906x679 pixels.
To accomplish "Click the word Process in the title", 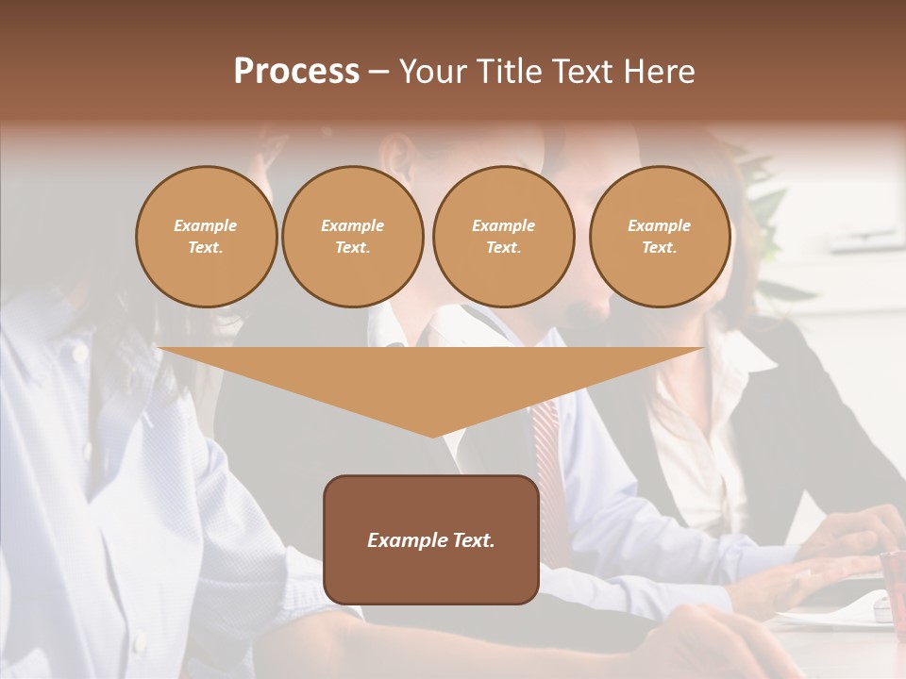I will pyautogui.click(x=296, y=72).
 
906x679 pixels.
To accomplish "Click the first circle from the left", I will pyautogui.click(x=207, y=237).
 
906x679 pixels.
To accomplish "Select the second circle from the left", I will pyautogui.click(x=353, y=237).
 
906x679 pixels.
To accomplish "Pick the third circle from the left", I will pyautogui.click(x=504, y=237).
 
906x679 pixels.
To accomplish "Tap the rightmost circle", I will pyautogui.click(x=660, y=237).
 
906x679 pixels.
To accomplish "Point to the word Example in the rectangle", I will pyautogui.click(x=403, y=540).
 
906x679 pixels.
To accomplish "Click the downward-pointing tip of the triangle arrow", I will pyautogui.click(x=432, y=434).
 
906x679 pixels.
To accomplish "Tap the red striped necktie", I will pyautogui.click(x=547, y=453).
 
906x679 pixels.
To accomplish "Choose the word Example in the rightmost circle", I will pyautogui.click(x=660, y=225).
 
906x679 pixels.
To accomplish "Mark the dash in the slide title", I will pyautogui.click(x=379, y=72).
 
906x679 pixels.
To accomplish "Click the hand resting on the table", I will pyautogui.click(x=830, y=566).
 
